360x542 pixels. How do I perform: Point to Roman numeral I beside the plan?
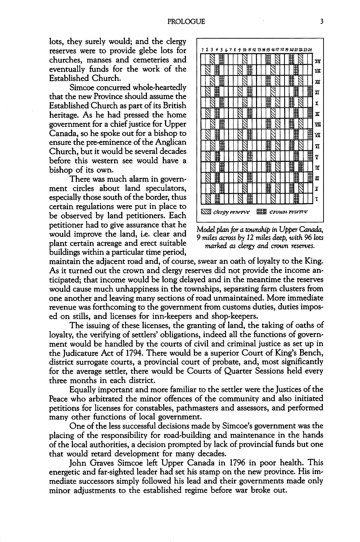tap(317, 199)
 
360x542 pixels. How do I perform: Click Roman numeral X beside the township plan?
tap(317, 103)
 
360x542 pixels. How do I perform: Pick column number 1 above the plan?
tap(203, 50)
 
